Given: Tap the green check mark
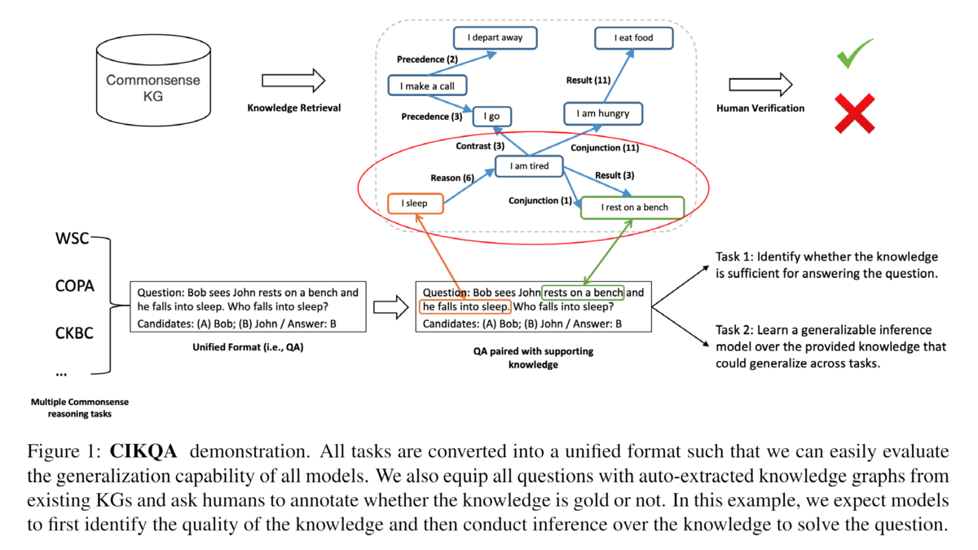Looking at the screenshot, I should (854, 53).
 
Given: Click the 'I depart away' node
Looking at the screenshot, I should (489, 37).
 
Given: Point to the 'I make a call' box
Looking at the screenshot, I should (421, 86).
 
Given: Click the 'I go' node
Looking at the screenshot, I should (491, 117).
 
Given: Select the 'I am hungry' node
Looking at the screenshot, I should (602, 113).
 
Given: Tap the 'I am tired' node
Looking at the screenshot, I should (529, 166).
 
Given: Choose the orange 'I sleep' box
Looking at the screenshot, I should (416, 202).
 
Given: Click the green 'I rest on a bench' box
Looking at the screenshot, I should (633, 207).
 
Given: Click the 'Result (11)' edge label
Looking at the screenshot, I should (588, 80).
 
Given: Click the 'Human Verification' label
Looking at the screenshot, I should (760, 108).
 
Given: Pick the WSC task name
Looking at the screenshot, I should (73, 240).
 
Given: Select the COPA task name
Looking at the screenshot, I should (75, 286).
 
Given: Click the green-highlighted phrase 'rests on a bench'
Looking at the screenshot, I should (584, 293).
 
